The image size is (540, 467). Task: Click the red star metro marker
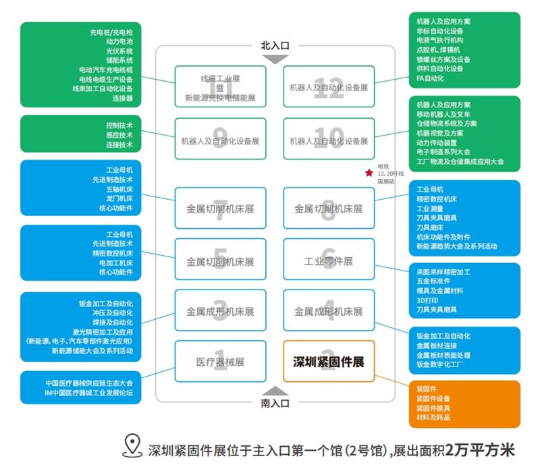click(x=369, y=173)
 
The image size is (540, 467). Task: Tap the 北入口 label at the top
click(x=275, y=46)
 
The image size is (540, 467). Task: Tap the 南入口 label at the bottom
click(x=275, y=404)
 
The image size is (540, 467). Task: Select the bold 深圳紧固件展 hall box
click(x=328, y=362)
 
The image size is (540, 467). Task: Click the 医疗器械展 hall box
click(x=220, y=362)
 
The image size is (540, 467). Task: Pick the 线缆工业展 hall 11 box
click(x=220, y=86)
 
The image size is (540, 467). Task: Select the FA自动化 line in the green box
click(x=431, y=78)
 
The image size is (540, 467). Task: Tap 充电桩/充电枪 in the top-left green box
click(x=111, y=32)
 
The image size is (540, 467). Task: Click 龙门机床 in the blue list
click(x=119, y=199)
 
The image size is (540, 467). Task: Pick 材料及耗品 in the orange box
click(x=433, y=417)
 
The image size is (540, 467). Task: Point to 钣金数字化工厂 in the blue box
click(x=440, y=364)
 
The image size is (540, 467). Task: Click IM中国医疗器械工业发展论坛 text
click(x=88, y=393)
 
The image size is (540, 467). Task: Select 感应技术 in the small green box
click(x=119, y=135)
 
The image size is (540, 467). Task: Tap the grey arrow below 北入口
click(x=275, y=59)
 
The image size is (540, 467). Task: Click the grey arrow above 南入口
click(x=275, y=391)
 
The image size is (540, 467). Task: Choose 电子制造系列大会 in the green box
click(x=443, y=153)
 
